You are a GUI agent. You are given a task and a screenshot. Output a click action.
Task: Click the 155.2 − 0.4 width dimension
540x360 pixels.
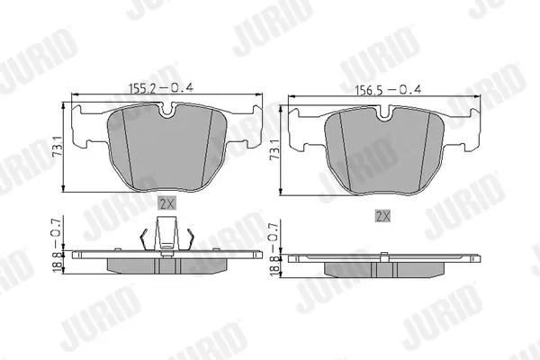[x=161, y=88]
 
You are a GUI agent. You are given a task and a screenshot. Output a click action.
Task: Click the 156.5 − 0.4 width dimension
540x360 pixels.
[x=388, y=90]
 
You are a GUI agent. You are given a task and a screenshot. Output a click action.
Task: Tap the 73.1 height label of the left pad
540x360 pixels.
[x=58, y=146]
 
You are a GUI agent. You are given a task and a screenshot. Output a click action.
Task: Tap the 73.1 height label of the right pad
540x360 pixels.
[x=274, y=149]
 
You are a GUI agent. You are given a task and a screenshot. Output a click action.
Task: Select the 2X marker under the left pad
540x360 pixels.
[x=167, y=204]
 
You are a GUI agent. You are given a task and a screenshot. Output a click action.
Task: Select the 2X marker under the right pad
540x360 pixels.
[x=383, y=216]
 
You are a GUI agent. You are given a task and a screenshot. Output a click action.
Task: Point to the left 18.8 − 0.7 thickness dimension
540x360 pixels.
[x=58, y=244]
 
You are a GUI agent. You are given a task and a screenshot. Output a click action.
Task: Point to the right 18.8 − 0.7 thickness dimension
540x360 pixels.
[x=274, y=248]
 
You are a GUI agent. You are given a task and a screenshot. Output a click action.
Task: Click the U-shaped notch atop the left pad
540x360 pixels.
[x=167, y=110]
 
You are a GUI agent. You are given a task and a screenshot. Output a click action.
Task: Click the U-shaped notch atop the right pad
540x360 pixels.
[x=384, y=113]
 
